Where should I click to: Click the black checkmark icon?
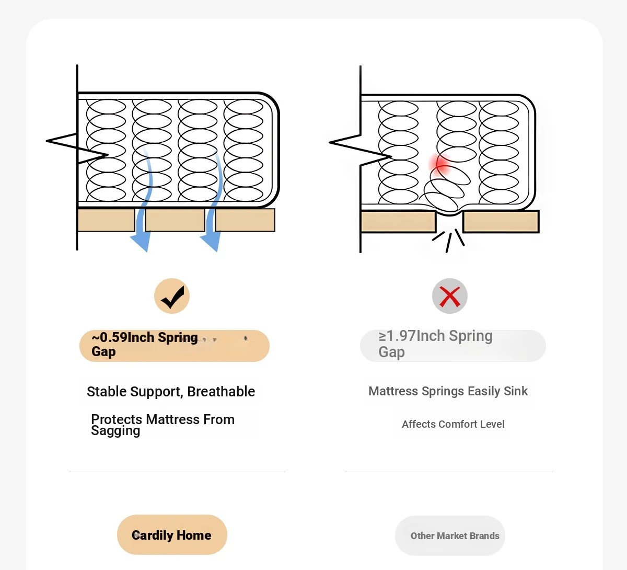click(172, 297)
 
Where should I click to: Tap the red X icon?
click(449, 297)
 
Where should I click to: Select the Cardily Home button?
click(172, 535)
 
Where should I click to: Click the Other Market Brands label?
click(455, 536)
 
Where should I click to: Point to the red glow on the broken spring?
click(442, 164)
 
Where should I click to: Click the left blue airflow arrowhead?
click(140, 242)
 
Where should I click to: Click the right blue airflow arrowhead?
click(211, 242)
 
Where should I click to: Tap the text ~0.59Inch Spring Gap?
click(144, 345)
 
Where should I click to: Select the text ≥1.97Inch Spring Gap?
click(435, 344)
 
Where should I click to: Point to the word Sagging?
click(115, 431)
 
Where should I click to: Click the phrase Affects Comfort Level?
click(453, 424)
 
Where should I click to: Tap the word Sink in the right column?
click(516, 391)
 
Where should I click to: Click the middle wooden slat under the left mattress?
click(175, 220)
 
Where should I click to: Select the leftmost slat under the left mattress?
click(106, 220)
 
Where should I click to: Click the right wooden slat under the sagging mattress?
click(501, 222)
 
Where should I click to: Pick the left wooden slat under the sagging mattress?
click(398, 222)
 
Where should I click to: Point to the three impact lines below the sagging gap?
click(449, 240)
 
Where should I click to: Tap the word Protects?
click(117, 419)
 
